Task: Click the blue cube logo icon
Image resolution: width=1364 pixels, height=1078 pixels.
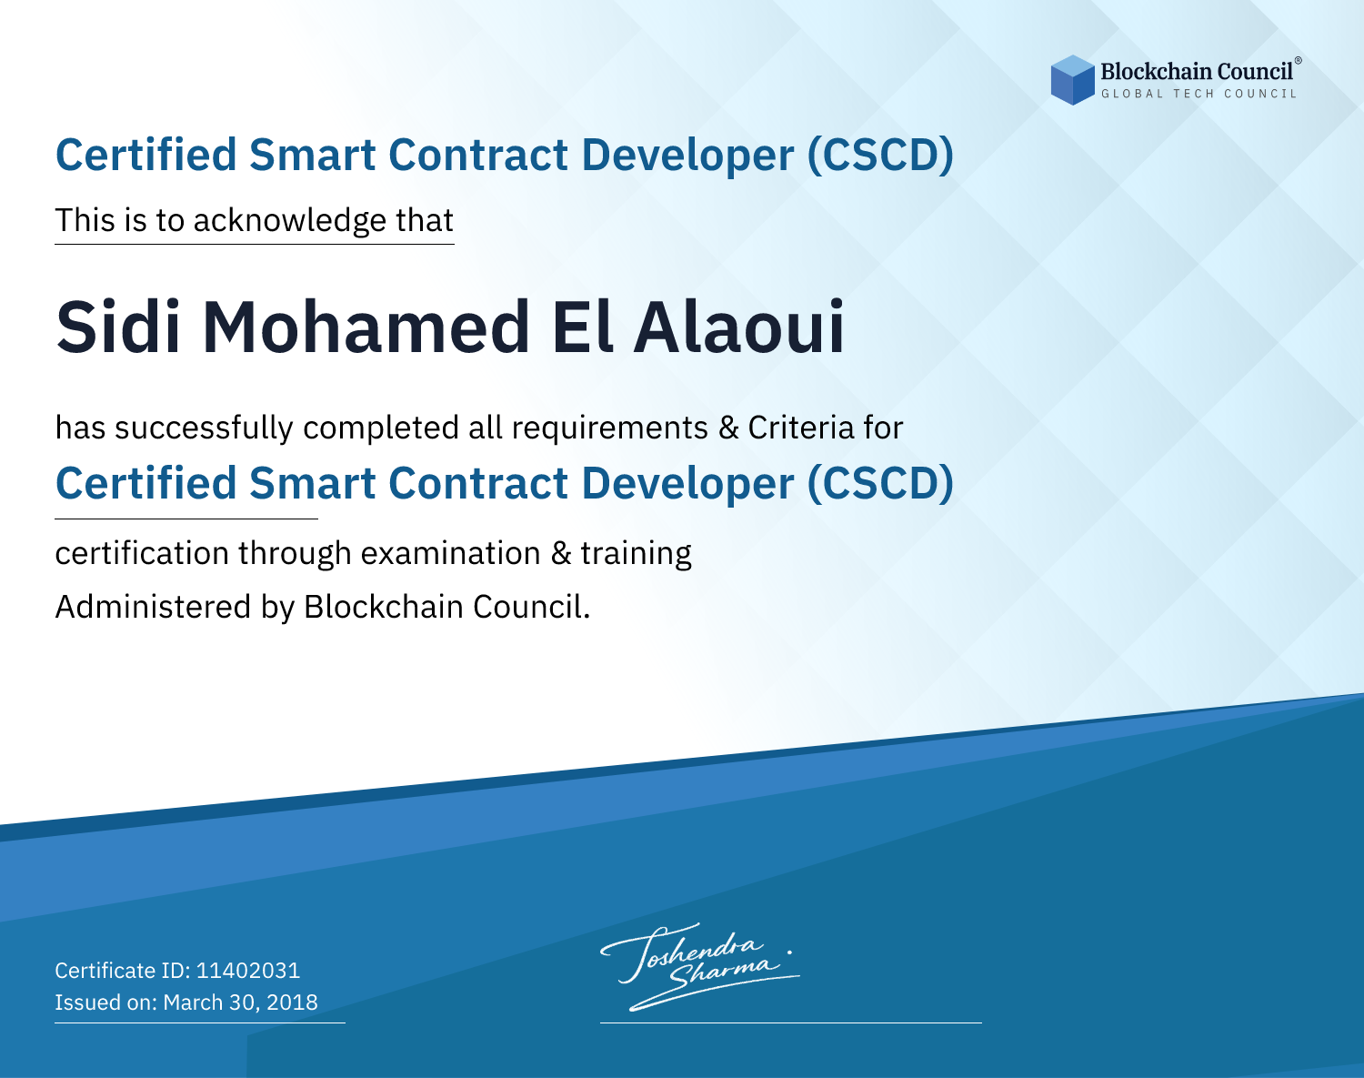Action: [1072, 80]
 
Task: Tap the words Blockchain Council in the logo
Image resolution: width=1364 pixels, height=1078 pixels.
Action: [1197, 72]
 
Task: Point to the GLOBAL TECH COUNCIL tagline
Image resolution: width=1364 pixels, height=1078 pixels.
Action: [1199, 94]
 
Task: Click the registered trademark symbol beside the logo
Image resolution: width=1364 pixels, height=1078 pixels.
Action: [1298, 60]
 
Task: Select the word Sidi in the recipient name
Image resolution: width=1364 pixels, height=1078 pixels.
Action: [118, 327]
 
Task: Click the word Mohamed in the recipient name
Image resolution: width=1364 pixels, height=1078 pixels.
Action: [366, 327]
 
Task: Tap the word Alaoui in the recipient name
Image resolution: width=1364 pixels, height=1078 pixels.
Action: [739, 327]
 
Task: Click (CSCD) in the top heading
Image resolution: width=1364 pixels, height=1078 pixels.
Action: [880, 156]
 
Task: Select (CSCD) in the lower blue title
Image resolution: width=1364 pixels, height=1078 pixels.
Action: [880, 484]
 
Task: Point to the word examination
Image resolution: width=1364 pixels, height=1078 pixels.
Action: [451, 553]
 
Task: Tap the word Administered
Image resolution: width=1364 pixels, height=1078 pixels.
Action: [154, 607]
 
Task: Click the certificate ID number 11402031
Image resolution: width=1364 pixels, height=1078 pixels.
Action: [248, 970]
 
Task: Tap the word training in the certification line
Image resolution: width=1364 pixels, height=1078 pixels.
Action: [636, 554]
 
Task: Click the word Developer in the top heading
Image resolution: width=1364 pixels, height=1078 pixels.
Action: [687, 156]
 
